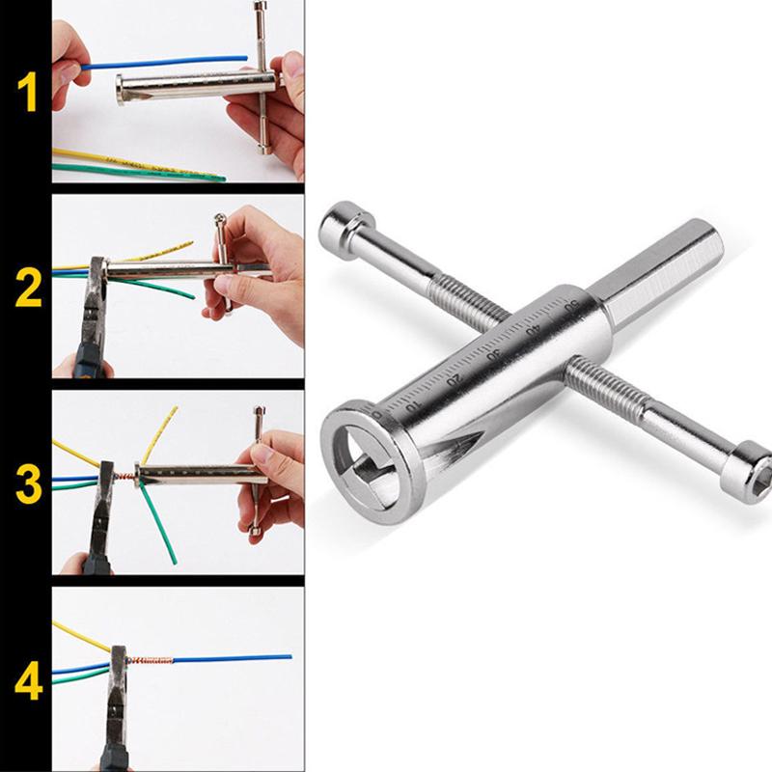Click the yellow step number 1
28,92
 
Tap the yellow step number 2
29,289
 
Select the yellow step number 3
29,485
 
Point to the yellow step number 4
29,682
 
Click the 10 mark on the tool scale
414,406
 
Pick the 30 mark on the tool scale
493,354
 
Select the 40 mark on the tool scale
533,329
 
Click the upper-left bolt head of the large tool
344,228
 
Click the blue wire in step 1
165,63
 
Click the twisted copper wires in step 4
150,660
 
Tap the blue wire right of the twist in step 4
233,658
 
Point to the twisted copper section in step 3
124,478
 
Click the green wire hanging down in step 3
158,523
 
